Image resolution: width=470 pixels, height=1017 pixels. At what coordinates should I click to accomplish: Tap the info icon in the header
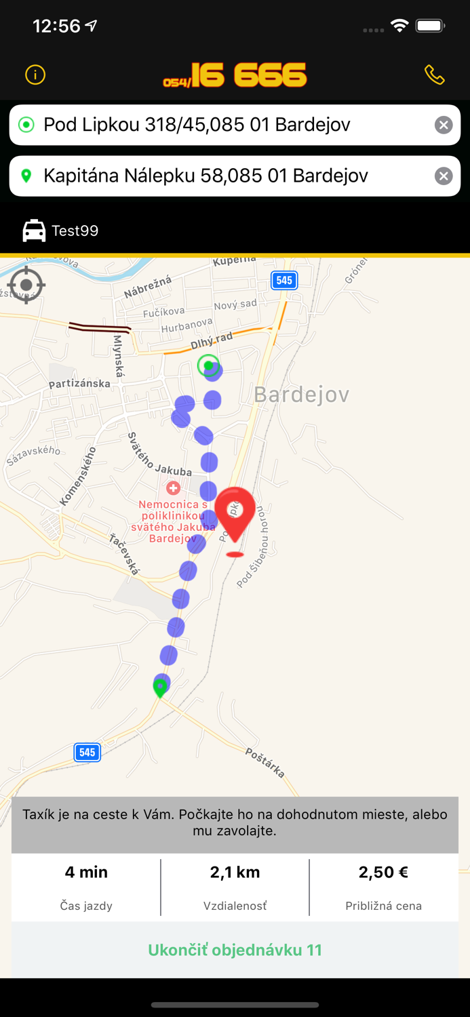[35, 75]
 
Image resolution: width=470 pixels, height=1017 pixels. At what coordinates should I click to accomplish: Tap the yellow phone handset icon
[435, 75]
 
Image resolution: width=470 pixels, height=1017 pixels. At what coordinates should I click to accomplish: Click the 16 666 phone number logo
[235, 75]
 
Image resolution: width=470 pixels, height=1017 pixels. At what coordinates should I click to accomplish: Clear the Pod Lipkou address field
[444, 125]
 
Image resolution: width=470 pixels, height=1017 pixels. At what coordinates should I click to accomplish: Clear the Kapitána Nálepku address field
[444, 176]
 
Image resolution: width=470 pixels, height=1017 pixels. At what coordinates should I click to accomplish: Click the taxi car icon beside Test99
[34, 231]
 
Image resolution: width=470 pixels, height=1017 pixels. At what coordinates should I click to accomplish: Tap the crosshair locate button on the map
[26, 285]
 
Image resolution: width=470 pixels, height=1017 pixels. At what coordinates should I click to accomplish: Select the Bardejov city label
[301, 395]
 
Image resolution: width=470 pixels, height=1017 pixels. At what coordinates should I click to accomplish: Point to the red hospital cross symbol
[173, 488]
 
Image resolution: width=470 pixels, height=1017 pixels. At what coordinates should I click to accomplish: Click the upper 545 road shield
[284, 280]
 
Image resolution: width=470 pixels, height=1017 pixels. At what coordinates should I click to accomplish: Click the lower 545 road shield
[87, 752]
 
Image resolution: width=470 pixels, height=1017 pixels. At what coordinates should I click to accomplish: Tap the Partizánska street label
[79, 384]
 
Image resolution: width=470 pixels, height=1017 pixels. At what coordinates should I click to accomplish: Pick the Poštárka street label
[265, 763]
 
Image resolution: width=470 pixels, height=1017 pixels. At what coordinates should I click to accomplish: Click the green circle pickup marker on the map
[208, 365]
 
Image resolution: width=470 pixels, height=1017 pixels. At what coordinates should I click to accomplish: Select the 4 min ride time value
[86, 872]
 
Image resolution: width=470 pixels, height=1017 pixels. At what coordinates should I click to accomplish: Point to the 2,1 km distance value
[235, 872]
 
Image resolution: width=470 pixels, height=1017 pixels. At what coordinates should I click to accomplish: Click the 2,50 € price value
[383, 872]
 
